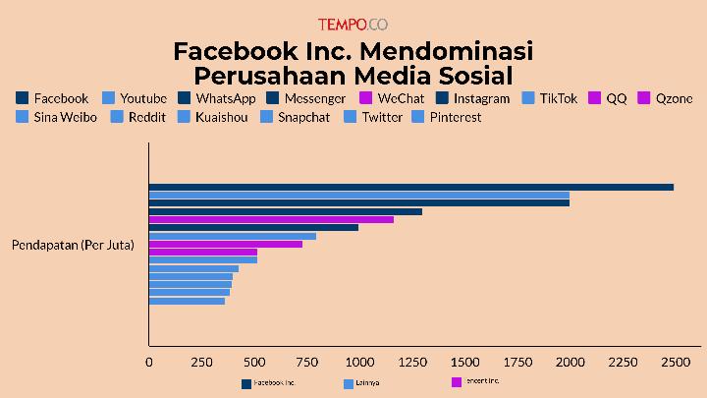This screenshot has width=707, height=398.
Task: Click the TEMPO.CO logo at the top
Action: [x=353, y=25]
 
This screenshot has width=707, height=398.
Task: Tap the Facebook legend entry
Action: [x=53, y=98]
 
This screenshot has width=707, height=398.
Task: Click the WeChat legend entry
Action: [x=392, y=98]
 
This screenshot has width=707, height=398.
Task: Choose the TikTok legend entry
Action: [x=550, y=98]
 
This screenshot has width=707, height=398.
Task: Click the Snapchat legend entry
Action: [x=296, y=117]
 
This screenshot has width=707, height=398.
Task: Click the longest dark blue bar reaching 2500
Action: [x=410, y=187]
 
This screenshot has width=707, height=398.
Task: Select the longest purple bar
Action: [x=271, y=219]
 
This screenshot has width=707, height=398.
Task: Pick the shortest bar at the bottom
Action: [x=187, y=301]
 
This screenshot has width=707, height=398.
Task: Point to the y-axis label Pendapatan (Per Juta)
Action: [x=73, y=244]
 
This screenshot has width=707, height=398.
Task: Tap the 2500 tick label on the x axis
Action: [x=674, y=362]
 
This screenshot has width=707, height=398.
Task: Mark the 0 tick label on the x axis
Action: [x=149, y=362]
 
